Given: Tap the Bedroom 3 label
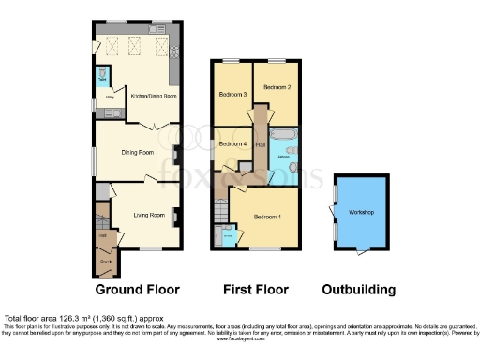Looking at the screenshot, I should [x=232, y=95].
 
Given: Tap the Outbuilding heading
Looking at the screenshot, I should [x=358, y=290].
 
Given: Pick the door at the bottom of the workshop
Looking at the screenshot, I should [x=362, y=250].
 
